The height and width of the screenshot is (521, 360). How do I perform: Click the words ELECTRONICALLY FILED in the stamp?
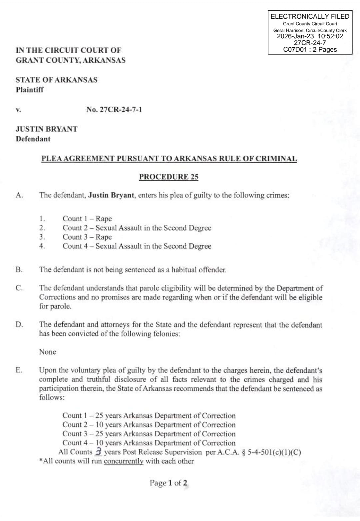click(310, 16)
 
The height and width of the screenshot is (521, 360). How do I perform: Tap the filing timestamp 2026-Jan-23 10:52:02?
click(310, 36)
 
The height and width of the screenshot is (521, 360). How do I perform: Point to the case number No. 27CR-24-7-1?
click(114, 110)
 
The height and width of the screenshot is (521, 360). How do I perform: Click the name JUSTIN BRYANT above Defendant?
click(47, 129)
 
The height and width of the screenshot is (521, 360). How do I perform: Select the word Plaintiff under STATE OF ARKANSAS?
click(30, 90)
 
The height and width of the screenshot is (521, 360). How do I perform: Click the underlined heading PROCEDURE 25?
click(169, 177)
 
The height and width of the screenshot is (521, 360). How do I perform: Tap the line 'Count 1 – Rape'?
click(87, 219)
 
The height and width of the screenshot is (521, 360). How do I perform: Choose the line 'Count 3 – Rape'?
click(87, 237)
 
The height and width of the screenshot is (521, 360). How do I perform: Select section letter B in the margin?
click(19, 270)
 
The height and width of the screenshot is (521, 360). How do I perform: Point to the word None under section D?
click(48, 352)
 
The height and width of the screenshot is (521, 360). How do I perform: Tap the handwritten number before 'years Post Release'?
click(98, 451)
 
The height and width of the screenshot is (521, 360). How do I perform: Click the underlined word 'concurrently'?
click(124, 461)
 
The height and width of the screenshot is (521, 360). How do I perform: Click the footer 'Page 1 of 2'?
click(168, 483)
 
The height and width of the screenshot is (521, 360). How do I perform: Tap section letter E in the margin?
click(19, 370)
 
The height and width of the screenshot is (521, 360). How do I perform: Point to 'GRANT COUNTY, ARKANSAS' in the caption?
click(71, 60)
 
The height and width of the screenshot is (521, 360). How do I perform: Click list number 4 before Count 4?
click(42, 246)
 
